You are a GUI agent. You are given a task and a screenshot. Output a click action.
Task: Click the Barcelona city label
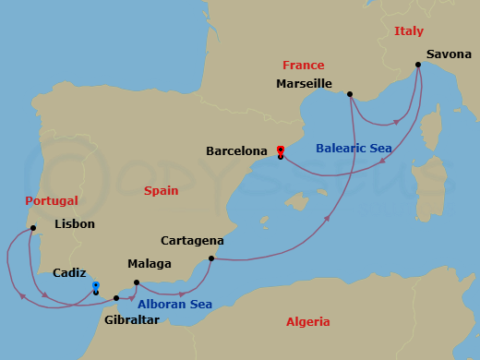tap(236, 150)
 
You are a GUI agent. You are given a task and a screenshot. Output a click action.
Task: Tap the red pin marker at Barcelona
tap(280, 150)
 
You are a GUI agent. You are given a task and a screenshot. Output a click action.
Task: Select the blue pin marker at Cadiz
tap(96, 286)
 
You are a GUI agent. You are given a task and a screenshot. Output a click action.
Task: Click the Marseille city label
tap(304, 84)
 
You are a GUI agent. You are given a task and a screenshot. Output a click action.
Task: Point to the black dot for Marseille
tap(349, 94)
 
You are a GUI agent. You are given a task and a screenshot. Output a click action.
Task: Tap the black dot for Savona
tap(418, 65)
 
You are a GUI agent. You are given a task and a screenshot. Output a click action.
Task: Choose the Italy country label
tap(408, 31)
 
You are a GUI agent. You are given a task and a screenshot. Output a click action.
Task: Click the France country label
tap(304, 66)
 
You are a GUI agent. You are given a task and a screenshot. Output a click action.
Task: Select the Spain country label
tap(161, 190)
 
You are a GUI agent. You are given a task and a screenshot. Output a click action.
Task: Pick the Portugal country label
tap(51, 200)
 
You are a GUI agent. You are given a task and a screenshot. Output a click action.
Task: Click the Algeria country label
tap(307, 321)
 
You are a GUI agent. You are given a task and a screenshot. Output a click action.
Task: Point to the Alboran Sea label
tap(175, 305)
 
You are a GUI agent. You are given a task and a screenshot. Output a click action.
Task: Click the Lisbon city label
tap(75, 223)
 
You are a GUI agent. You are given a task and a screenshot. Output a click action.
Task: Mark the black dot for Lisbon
tap(32, 228)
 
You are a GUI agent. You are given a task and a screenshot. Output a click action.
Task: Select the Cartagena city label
tap(192, 241)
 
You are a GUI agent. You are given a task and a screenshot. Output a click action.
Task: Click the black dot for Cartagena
tap(211, 258)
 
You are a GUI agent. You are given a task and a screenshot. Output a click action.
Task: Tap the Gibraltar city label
tap(132, 319)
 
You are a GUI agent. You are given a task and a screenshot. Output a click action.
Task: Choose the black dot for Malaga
tap(137, 282)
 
